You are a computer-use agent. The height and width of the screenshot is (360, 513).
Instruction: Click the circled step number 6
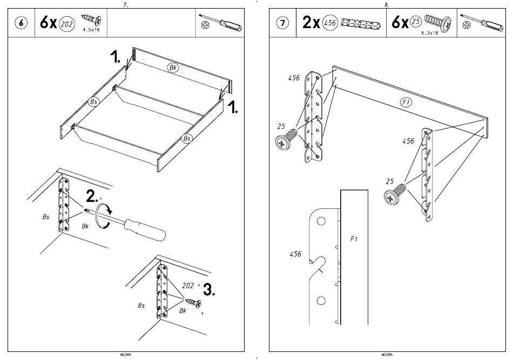click(x=21, y=23)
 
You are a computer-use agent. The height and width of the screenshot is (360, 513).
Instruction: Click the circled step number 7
click(x=283, y=23)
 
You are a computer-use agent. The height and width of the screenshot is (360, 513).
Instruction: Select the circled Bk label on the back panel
click(x=173, y=68)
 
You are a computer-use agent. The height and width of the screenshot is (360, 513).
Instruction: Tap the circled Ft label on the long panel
click(x=406, y=101)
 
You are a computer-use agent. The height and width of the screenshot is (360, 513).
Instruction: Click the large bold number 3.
click(x=208, y=290)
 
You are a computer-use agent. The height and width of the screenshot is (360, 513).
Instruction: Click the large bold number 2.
click(x=92, y=196)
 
